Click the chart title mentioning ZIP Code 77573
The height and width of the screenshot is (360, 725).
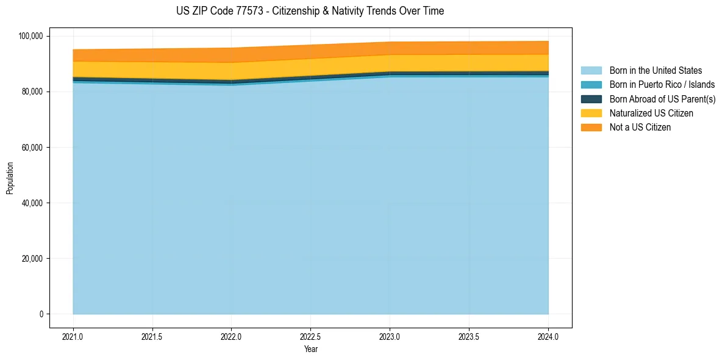click(310, 11)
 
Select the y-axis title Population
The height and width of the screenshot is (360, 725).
click(10, 178)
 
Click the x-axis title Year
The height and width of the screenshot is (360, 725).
click(310, 349)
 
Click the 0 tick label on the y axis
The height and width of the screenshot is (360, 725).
click(41, 314)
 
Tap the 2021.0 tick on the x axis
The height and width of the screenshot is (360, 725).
click(73, 336)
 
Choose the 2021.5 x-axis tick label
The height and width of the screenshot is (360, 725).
click(152, 336)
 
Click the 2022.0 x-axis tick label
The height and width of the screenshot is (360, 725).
click(231, 336)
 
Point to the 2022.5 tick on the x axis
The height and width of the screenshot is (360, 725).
click(310, 336)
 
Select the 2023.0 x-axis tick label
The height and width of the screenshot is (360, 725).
click(390, 336)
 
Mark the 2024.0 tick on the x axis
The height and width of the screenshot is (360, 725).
click(548, 336)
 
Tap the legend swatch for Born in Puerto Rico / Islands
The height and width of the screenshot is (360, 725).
click(591, 85)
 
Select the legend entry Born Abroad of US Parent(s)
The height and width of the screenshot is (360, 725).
click(662, 99)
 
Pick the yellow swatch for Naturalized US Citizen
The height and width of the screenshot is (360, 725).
click(591, 113)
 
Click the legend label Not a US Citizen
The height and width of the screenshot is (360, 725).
click(640, 127)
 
